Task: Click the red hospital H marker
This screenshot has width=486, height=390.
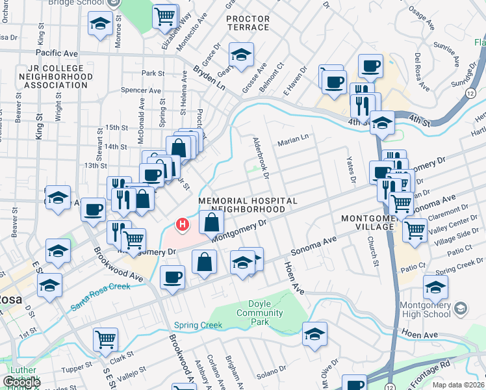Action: tap(183, 226)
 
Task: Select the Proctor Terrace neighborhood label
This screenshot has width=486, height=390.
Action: tap(248, 23)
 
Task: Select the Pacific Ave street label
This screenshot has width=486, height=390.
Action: tap(57, 53)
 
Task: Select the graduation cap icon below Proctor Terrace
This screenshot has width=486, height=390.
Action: tap(241, 56)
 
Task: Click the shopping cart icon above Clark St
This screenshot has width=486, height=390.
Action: tap(105, 339)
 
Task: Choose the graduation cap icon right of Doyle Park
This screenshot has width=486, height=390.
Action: tap(314, 333)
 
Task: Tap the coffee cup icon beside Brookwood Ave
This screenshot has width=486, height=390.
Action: tap(173, 276)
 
